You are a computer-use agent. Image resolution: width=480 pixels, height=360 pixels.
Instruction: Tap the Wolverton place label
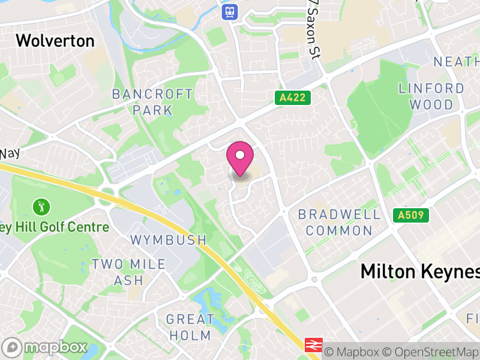coord(55,41)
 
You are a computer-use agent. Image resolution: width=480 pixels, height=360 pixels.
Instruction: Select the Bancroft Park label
coord(152,102)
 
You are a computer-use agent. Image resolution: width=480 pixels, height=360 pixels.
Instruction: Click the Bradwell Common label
coord(339,222)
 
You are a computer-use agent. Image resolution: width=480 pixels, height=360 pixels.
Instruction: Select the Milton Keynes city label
coord(420,271)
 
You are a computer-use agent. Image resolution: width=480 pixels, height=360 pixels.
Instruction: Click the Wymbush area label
coord(169,240)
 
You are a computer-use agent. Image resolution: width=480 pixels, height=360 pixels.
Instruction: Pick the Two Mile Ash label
coord(118,272)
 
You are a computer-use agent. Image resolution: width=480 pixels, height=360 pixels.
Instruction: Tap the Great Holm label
coord(190,327)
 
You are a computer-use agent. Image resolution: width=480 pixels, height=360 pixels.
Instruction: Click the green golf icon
coord(41,207)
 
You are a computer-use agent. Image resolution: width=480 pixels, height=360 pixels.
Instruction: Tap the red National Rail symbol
coord(313,345)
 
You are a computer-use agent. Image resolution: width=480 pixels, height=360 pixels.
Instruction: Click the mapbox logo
coord(46,347)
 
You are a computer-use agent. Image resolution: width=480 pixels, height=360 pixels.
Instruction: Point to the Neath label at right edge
coord(456,62)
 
